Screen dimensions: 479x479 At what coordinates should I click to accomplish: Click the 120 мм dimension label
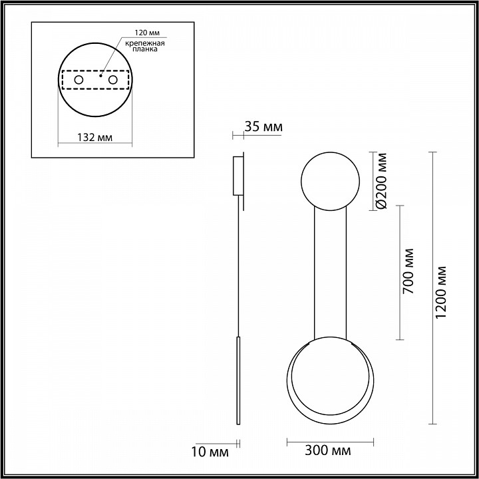147,32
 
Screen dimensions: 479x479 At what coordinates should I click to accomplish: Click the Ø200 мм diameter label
381,181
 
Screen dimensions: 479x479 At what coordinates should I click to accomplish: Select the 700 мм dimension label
408,271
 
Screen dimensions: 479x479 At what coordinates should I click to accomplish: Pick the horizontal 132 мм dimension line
95,144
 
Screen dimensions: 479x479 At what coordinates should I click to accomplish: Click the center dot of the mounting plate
99,76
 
